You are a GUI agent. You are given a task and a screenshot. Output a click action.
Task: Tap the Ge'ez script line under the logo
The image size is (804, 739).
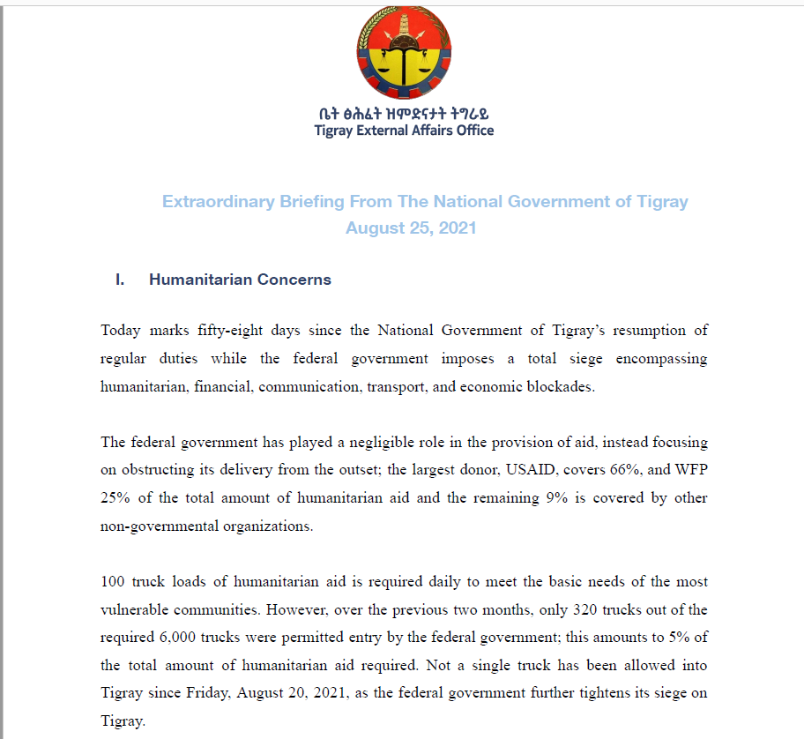click(x=404, y=113)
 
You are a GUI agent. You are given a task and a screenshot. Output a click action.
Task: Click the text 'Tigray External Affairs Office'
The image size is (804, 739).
click(x=404, y=131)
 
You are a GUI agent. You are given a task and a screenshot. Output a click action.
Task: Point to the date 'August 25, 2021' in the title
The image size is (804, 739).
click(x=411, y=228)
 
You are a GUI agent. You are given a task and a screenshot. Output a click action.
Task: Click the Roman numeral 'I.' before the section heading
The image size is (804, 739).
click(x=120, y=280)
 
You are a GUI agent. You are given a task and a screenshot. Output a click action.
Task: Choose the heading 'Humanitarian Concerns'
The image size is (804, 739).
click(x=240, y=280)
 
